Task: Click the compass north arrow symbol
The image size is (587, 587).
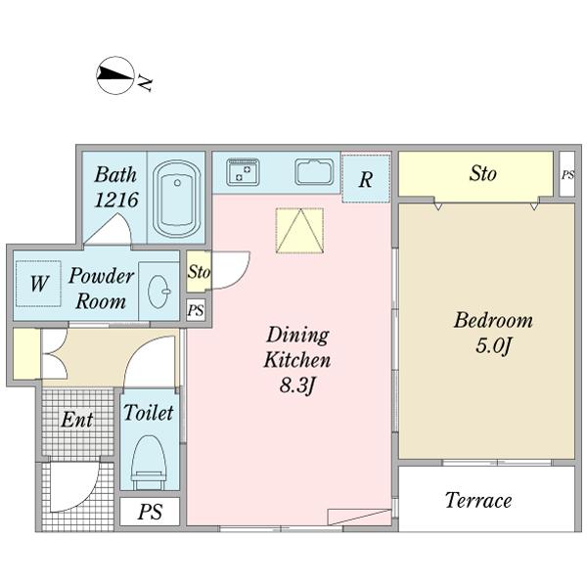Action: coord(115,75)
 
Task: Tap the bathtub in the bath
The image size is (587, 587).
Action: coord(176,199)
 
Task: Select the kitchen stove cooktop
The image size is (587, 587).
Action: coord(243,172)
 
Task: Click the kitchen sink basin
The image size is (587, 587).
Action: coord(314,172)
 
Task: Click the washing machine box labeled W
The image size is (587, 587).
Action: coord(38,284)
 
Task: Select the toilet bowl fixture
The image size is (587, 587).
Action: coord(149,463)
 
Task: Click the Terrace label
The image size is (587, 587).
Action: coord(478,500)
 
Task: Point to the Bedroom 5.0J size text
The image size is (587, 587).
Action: coord(493,345)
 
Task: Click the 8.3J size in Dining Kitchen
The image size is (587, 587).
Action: coord(296,385)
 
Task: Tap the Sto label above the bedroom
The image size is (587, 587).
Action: coord(483,174)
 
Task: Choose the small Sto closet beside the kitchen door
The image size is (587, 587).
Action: coord(199,271)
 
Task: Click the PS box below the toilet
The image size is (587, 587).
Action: coord(150,512)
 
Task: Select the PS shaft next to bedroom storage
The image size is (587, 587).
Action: coord(567,174)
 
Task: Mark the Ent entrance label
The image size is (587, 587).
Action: coord(76,420)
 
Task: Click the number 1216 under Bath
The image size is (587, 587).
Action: coord(116,200)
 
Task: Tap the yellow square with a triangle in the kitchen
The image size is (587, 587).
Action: coord(299,231)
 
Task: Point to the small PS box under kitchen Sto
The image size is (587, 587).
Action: coord(196,310)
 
